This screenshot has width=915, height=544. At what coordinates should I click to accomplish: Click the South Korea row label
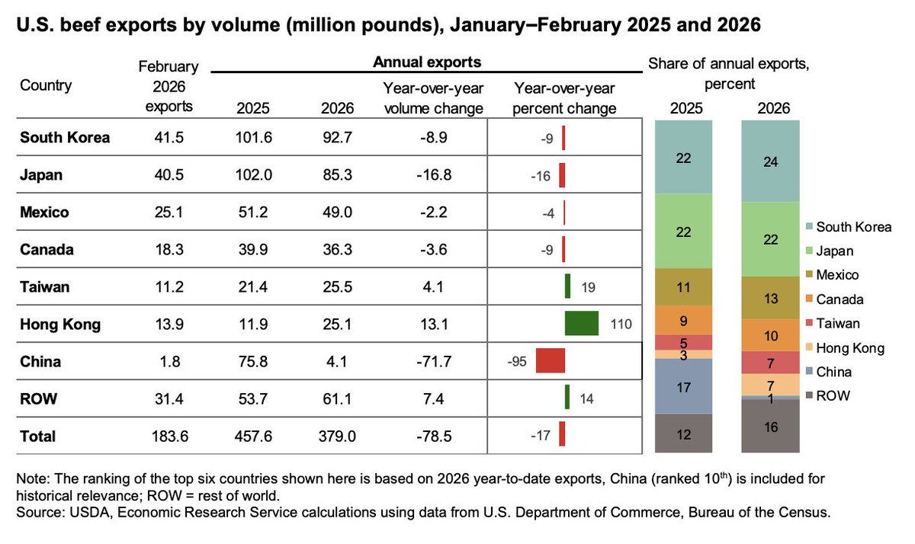pos(65,138)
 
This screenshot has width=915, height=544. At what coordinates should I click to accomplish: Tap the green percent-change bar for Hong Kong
pos(581,323)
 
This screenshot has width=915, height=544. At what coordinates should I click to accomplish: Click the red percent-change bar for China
pos(550,360)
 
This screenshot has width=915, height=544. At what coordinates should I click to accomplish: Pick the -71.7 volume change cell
pos(433,361)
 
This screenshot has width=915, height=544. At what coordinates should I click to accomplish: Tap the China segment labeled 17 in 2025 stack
pos(682,386)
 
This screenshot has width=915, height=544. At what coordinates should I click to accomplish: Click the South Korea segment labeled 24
pos(771,161)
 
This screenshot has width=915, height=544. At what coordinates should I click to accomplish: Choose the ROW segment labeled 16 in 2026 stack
pos(771,427)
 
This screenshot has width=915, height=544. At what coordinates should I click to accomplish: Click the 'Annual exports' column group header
pos(426,61)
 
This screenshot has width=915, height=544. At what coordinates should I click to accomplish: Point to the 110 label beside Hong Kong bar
pos(621,324)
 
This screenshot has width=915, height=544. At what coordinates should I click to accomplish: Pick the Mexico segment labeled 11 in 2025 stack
pos(682,287)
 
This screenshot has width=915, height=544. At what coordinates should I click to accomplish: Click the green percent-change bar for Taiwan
pos(567,286)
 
